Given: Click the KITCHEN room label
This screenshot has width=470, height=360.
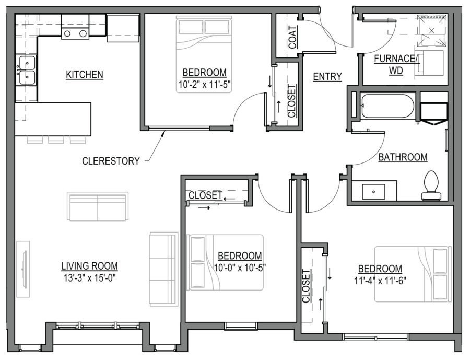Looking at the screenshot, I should [x=85, y=75].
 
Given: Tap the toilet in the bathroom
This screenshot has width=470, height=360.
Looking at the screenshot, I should [x=431, y=186].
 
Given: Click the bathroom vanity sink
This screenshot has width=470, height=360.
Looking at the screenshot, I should [x=374, y=191].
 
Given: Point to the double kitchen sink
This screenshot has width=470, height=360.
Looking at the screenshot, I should [x=26, y=71].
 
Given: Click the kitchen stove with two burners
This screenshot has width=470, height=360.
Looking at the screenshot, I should [x=75, y=33].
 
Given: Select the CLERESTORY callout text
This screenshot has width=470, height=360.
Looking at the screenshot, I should [x=111, y=161].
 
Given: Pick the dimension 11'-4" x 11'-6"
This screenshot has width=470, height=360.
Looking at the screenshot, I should [x=380, y=280].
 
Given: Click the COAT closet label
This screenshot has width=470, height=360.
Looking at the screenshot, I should [x=293, y=37].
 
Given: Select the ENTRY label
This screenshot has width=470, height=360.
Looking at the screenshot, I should [x=327, y=77].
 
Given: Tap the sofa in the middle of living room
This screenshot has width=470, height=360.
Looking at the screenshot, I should [x=98, y=206].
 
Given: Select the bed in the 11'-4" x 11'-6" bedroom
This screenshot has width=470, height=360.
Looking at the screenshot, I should [x=413, y=274].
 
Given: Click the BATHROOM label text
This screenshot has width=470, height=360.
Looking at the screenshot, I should [x=403, y=157].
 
